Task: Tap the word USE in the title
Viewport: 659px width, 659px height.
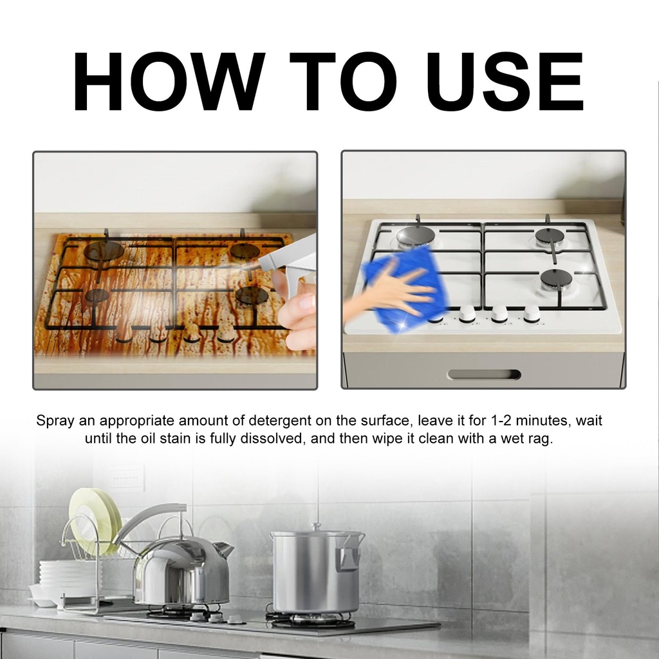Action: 505,81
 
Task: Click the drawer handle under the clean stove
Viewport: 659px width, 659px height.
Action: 484,375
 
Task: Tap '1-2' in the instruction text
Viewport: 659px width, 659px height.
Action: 500,420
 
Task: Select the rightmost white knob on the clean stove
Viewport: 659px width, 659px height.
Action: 531,313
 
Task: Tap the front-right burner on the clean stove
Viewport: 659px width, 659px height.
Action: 556,279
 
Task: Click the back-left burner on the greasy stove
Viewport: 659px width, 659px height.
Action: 104,251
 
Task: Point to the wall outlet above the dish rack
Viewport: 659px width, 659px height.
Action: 125,479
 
